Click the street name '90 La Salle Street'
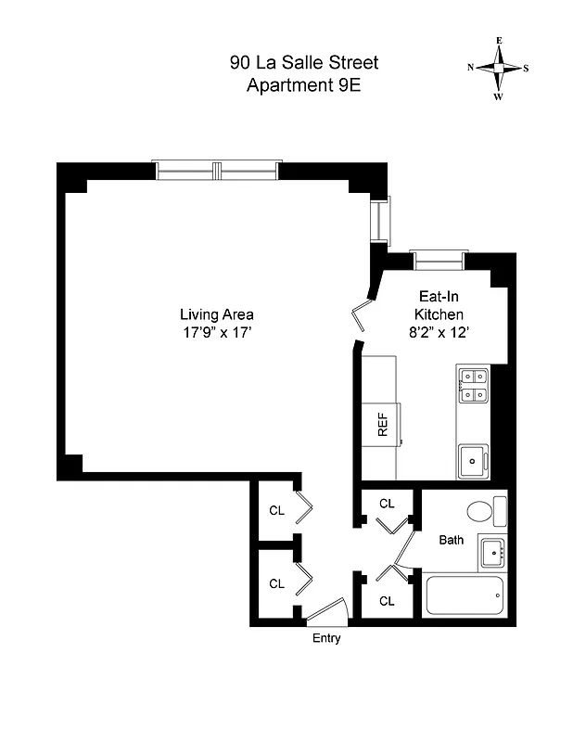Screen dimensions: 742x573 [x=303, y=64]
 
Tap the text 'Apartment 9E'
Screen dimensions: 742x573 [x=303, y=86]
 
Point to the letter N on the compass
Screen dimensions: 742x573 [x=471, y=68]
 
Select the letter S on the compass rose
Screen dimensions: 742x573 [x=527, y=68]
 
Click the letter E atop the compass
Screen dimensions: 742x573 [x=499, y=41]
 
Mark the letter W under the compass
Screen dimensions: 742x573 [x=499, y=96]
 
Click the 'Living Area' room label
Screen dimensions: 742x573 [x=216, y=314]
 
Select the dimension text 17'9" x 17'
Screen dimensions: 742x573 [x=216, y=332]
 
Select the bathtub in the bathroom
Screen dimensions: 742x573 [x=465, y=595]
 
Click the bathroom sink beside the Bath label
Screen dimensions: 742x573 [x=492, y=553]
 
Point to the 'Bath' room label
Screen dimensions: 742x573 [x=451, y=539]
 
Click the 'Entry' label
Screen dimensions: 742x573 [x=325, y=638]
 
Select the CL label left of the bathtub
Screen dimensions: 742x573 [x=387, y=601]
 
